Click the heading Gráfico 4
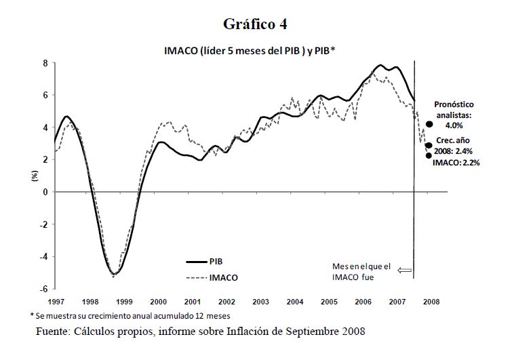[255, 24]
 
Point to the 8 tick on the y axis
[46, 63]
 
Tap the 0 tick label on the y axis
[46, 192]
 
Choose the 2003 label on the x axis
[260, 300]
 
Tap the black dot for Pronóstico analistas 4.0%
[429, 125]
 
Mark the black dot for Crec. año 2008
[429, 145]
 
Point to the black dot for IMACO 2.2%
[429, 155]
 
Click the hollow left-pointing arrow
[405, 271]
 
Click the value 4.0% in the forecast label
[454, 125]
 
